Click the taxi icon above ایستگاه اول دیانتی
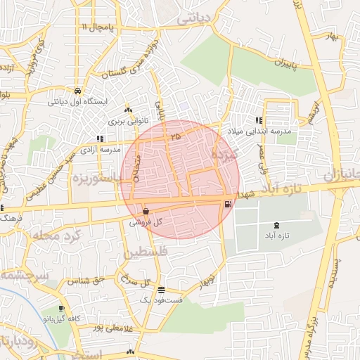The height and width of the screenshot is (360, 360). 77,91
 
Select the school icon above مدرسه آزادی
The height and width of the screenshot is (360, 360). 100,139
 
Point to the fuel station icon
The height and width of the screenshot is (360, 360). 227,204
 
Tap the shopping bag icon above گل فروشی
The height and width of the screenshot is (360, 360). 146,210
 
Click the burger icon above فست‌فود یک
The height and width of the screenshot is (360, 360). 162,289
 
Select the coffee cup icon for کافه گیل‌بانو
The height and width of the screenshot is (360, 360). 62,309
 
